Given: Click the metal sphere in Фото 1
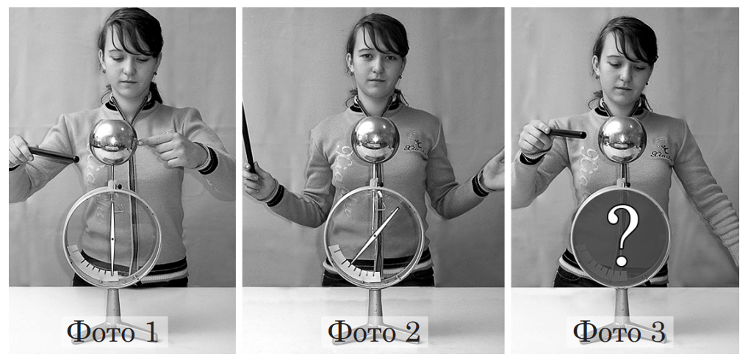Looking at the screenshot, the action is click(x=114, y=142).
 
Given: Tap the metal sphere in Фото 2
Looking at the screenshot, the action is click(x=375, y=140).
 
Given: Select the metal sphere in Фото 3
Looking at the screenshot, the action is click(x=622, y=140).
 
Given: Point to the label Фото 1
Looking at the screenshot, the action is click(x=112, y=332).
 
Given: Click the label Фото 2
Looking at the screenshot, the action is click(x=375, y=332).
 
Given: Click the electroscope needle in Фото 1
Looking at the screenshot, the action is click(x=112, y=239).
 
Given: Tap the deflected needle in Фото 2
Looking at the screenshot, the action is click(x=375, y=236).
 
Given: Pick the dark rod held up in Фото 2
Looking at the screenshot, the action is click(x=248, y=134).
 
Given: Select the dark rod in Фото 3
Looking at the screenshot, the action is click(x=567, y=133).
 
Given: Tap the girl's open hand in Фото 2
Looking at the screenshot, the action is click(x=493, y=170).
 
